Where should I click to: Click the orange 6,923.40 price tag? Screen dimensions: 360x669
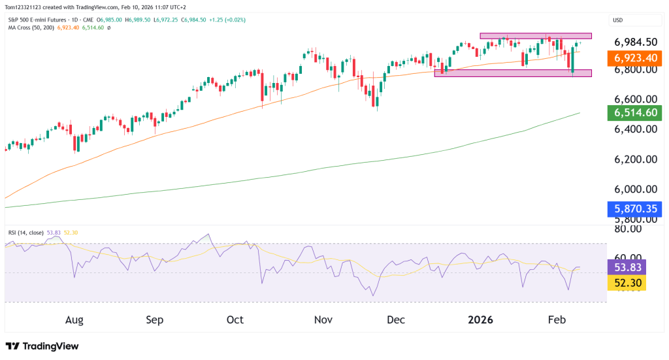point(632,58)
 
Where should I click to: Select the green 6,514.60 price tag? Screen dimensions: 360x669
point(632,113)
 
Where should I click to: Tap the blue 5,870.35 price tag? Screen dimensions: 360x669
point(632,209)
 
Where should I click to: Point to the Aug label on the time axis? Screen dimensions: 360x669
point(74,320)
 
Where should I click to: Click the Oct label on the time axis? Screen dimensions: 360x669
point(235,320)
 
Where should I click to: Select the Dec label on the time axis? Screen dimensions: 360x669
point(396,320)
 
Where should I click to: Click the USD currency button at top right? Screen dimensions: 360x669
point(617,20)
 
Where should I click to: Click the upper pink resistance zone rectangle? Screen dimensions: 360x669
point(535,35)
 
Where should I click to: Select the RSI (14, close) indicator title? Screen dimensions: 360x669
point(27,232)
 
